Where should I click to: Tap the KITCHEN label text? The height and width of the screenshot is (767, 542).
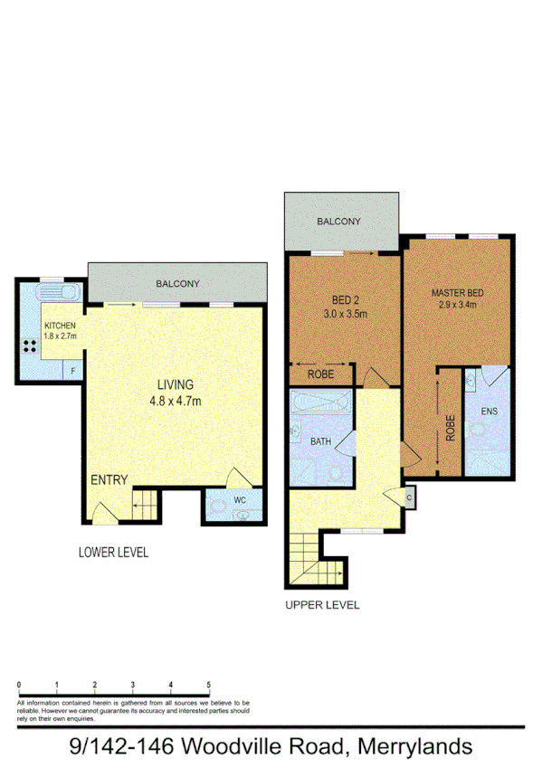(60, 326)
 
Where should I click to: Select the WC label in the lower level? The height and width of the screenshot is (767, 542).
(240, 498)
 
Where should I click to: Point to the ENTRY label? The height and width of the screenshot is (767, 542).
(109, 479)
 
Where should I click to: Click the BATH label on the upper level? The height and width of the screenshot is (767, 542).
(321, 442)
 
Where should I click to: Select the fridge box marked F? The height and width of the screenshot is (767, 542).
(73, 371)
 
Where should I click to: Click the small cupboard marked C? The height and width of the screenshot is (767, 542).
(409, 497)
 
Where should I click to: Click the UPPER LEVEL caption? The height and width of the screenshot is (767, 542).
(322, 605)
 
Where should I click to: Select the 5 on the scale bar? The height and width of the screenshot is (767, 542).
(209, 685)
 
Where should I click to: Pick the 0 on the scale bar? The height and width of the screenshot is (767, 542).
(19, 685)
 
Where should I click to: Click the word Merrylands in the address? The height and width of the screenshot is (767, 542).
(415, 746)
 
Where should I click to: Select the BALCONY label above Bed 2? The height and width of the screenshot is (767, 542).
(339, 222)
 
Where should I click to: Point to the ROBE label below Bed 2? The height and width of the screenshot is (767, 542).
(322, 373)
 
